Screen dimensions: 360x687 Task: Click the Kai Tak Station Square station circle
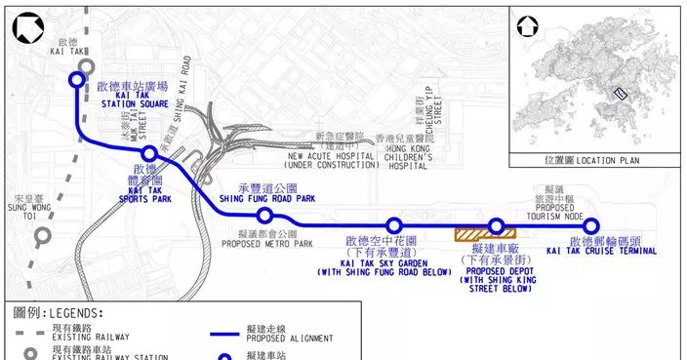[x=76, y=81]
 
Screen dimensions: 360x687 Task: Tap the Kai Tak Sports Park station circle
[x=149, y=154]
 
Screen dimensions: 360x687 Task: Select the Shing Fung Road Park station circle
[x=263, y=216]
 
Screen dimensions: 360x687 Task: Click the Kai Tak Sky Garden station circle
[x=394, y=226]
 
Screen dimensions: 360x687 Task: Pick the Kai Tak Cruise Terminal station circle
[x=590, y=226]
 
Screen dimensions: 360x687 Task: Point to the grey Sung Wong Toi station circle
[x=42, y=235]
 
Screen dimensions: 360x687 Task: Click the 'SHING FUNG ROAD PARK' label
[x=278, y=198]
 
